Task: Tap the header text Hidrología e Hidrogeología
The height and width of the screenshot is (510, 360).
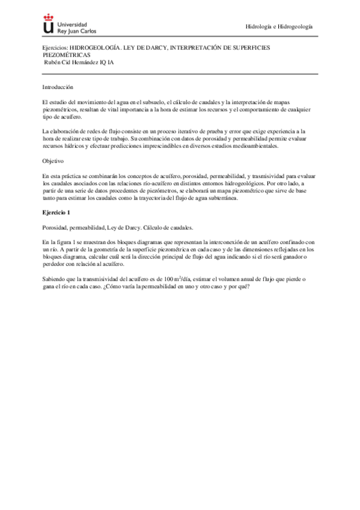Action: pyautogui.click(x=280, y=26)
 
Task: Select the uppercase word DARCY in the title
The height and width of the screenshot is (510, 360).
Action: pyautogui.click(x=153, y=46)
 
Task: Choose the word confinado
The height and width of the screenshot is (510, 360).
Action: pyautogui.click(x=290, y=241)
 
